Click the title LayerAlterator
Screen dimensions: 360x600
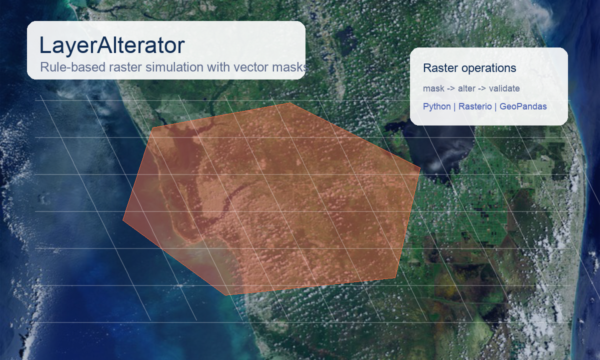coord(112,45)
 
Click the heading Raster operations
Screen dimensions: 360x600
coord(469,68)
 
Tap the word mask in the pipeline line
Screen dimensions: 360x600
coord(433,88)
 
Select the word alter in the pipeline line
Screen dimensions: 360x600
coord(466,88)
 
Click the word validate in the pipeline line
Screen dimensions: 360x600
coord(504,88)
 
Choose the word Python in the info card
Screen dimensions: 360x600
coord(436,106)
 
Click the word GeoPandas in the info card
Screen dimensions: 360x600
coord(523,106)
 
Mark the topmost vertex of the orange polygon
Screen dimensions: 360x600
coord(289,103)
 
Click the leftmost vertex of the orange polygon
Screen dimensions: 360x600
coord(123,219)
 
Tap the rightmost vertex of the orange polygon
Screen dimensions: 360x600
coord(420,168)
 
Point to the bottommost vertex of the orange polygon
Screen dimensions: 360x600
coord(225,295)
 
